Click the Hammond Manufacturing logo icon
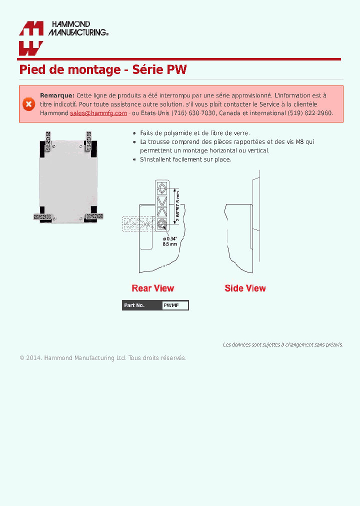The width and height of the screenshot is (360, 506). [x=31, y=38]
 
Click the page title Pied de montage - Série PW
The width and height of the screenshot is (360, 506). [x=102, y=69]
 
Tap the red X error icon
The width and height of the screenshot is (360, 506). [x=28, y=104]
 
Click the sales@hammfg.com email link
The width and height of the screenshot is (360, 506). [x=98, y=113]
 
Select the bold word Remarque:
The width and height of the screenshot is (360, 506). [x=57, y=95]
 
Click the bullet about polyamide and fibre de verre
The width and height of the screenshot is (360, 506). [x=194, y=133]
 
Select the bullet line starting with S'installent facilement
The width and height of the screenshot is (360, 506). [x=185, y=159]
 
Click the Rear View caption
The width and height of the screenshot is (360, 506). [x=153, y=288]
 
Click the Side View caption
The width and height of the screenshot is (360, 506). [x=245, y=288]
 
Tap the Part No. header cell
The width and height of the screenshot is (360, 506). [x=141, y=305]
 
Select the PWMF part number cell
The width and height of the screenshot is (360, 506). [x=174, y=305]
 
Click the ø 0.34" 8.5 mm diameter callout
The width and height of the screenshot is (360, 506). [x=170, y=241]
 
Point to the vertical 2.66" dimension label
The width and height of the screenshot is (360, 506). [x=177, y=206]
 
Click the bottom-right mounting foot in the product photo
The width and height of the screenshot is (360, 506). [x=93, y=216]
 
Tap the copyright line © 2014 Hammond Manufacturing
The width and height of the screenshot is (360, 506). [x=102, y=358]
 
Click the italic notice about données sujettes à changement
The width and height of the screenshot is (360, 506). [x=282, y=344]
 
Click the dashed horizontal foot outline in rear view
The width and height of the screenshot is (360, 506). [x=137, y=224]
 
